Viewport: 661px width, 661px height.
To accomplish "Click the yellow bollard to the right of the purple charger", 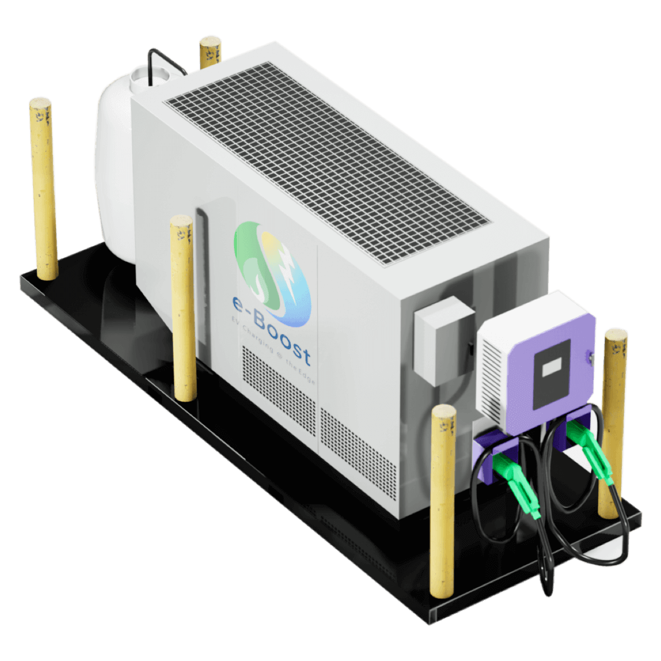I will tap(613, 419).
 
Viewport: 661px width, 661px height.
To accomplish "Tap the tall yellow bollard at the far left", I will tap(44, 187).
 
